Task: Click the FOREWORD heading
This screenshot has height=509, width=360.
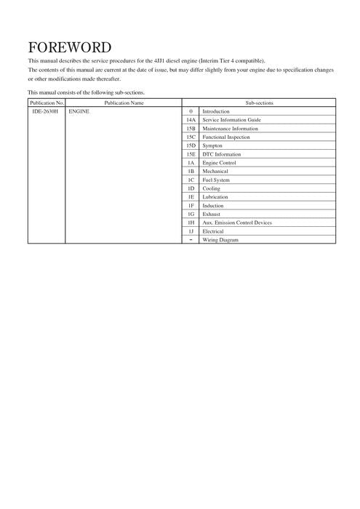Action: point(69,48)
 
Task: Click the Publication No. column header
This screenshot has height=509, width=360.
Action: point(47,103)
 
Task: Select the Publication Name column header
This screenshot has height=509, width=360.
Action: point(124,103)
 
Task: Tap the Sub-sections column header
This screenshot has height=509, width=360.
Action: point(259,103)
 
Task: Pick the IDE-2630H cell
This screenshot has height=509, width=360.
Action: point(47,111)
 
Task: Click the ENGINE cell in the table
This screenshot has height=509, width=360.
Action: point(78,111)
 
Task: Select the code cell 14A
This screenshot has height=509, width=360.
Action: point(191,120)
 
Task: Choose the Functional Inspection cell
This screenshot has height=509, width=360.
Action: point(225,137)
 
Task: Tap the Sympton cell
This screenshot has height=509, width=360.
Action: point(212,145)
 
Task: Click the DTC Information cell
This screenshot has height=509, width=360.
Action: point(221,154)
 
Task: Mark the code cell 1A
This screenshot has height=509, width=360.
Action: point(191,163)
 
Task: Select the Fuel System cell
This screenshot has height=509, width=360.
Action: point(215,180)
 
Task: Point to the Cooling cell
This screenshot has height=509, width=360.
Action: point(211,188)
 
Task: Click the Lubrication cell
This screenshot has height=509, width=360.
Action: point(215,197)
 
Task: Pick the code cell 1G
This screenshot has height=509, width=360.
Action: point(191,214)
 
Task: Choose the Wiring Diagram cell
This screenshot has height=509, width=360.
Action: point(220,240)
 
